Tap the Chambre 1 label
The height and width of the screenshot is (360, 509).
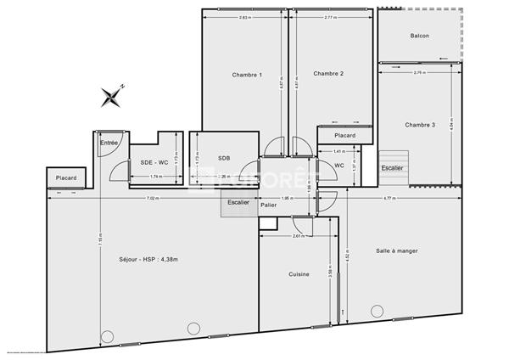click(247, 75)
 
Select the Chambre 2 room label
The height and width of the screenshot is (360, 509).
click(328, 74)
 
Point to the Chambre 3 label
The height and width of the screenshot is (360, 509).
click(420, 125)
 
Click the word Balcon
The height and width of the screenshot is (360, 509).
click(419, 36)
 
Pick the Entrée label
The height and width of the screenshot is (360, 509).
click(109, 143)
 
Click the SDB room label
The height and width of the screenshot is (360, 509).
click(224, 158)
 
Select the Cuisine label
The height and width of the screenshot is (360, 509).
click(299, 274)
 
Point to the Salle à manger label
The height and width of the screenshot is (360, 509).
click(397, 251)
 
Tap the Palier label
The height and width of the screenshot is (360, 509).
click(269, 205)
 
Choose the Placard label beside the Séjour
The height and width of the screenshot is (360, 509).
click(66, 178)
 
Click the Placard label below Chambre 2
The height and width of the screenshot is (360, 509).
click(344, 136)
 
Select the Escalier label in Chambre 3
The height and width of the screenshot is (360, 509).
click(392, 168)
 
